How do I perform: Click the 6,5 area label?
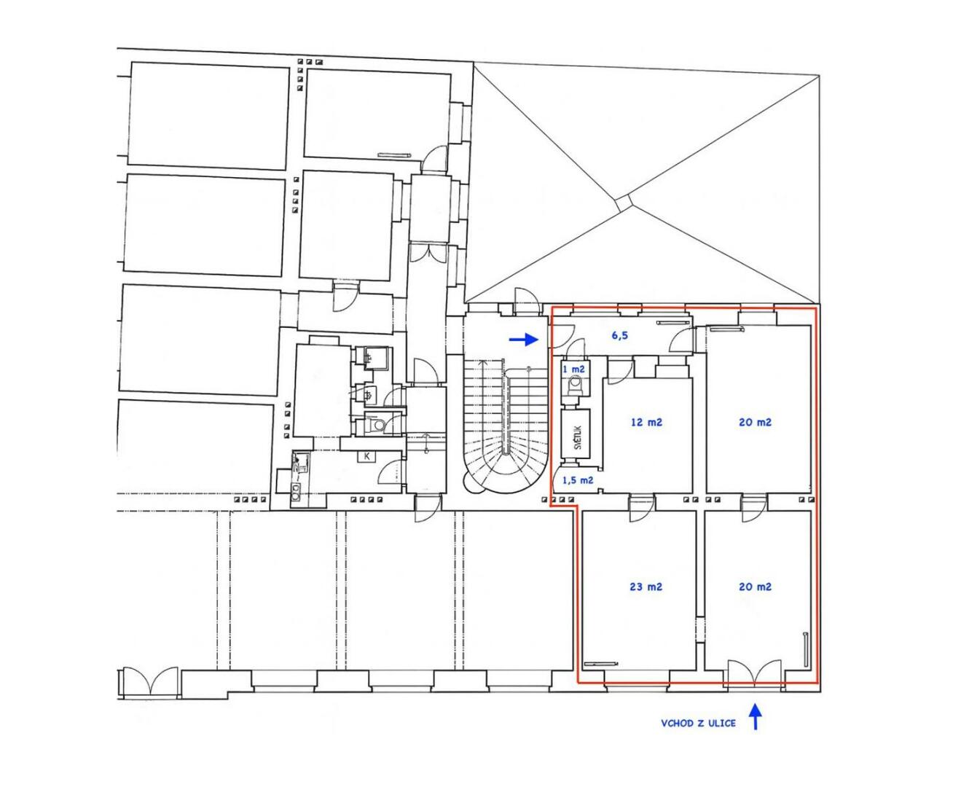(619, 335)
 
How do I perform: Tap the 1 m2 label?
(573, 369)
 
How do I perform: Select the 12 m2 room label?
(646, 422)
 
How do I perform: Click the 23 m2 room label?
(646, 587)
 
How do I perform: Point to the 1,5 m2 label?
(578, 480)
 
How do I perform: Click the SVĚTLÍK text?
(577, 437)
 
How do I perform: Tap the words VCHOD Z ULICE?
(698, 723)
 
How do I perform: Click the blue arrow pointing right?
(524, 339)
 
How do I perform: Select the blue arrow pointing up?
(756, 716)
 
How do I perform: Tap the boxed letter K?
(367, 456)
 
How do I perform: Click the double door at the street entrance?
(755, 673)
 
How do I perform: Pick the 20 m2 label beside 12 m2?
(755, 422)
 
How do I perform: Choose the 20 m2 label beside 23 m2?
(755, 587)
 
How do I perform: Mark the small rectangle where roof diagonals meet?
(623, 202)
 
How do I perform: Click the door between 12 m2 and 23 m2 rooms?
(641, 509)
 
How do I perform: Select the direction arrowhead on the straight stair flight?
(482, 363)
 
